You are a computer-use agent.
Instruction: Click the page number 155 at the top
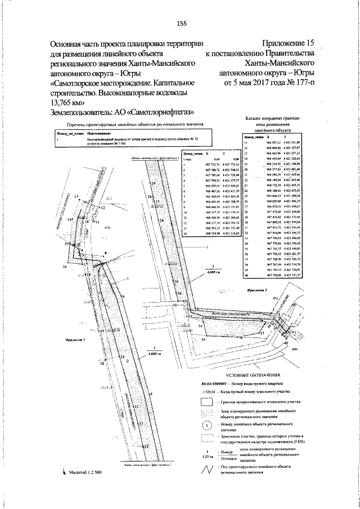coord(181,23)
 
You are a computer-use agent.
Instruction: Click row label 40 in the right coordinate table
coord(246,276)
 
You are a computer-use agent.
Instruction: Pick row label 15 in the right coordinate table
coord(246,142)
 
